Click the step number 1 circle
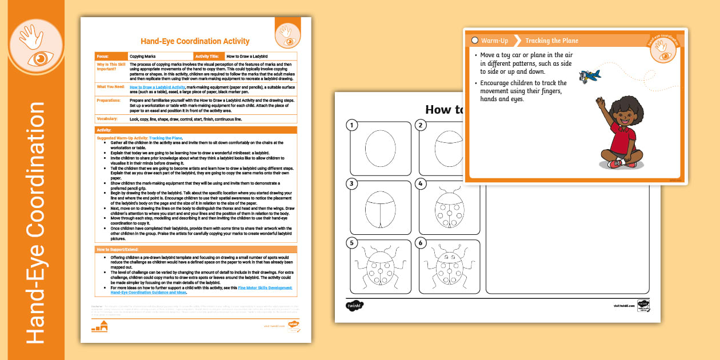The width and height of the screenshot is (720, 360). point(353,125)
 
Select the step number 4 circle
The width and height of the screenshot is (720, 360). point(421,184)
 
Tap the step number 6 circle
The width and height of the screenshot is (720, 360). point(421,243)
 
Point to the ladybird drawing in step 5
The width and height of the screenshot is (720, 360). point(379,267)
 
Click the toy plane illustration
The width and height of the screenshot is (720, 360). point(589,76)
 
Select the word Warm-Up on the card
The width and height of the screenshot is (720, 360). point(495,41)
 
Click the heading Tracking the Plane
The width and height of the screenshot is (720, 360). point(551,41)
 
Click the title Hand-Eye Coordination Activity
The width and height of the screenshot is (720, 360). point(195,41)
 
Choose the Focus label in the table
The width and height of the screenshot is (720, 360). point(103,57)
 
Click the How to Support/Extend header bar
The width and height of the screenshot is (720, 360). point(196,249)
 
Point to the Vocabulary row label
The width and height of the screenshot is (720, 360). point(107,119)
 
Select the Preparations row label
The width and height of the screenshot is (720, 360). point(109,99)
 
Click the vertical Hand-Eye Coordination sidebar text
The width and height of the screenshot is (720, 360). point(35,223)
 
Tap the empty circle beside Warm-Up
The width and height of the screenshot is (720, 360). point(475,41)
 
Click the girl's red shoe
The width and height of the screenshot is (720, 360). point(615,164)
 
